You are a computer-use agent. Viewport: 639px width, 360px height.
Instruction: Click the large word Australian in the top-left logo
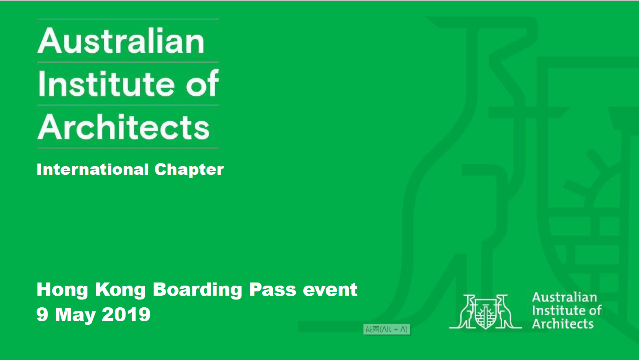click(121, 41)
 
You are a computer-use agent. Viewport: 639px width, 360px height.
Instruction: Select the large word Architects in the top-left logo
click(123, 127)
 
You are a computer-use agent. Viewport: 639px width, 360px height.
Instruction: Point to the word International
click(93, 169)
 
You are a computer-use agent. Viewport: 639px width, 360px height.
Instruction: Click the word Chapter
click(189, 170)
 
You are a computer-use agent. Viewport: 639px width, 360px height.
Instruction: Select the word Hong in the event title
click(62, 290)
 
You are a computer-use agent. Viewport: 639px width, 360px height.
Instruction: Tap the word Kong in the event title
click(121, 290)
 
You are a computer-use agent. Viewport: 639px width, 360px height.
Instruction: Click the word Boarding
click(197, 290)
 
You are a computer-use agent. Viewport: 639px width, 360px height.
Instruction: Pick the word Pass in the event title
click(272, 289)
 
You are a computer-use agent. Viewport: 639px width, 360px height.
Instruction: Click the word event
click(330, 289)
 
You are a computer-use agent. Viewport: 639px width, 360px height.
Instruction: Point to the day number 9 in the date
click(42, 314)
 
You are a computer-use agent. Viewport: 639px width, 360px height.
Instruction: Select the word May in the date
click(75, 315)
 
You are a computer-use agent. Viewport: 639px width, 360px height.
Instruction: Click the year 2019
click(126, 314)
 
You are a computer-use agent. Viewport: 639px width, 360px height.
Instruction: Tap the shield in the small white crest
click(486, 314)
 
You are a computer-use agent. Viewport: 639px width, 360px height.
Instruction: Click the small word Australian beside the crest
click(565, 297)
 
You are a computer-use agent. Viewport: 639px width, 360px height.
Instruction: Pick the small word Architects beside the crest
click(563, 324)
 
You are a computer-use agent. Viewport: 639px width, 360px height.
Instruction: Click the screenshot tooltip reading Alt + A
click(386, 329)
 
